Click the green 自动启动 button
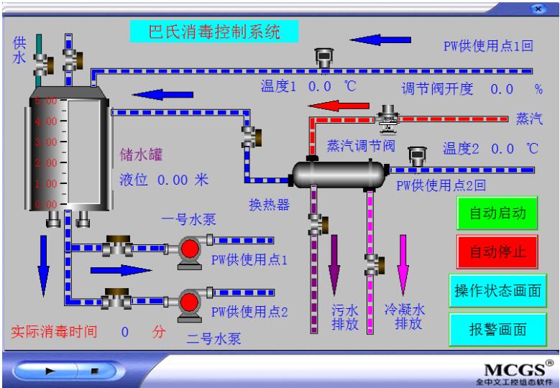point(497,214)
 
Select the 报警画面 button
point(497,331)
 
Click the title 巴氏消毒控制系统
point(214,31)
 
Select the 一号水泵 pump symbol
point(189,249)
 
